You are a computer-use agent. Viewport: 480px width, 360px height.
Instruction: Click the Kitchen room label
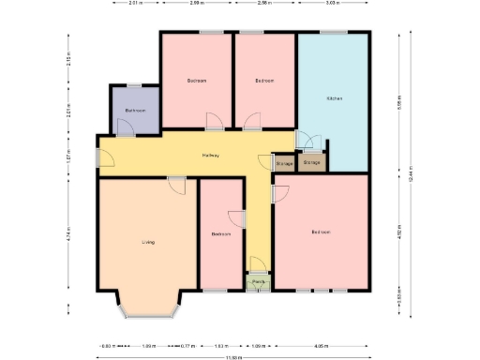tap(334, 98)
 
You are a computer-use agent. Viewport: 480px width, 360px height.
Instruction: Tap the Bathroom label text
tap(135, 111)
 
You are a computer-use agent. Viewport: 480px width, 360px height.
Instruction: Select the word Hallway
tap(211, 155)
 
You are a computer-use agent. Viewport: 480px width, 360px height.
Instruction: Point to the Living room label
tap(147, 242)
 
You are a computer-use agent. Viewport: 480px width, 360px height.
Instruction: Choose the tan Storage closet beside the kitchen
tap(312, 162)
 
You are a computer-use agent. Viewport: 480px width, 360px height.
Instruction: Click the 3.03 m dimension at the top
tap(332, 4)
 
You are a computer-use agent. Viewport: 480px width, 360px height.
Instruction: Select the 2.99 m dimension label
tap(195, 4)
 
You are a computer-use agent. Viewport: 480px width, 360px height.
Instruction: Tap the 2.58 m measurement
tap(264, 4)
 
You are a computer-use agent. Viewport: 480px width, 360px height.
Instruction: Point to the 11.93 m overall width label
tap(233, 356)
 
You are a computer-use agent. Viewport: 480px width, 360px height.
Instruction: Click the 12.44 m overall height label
tap(410, 174)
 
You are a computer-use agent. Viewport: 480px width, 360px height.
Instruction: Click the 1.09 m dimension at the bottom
tap(258, 345)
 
